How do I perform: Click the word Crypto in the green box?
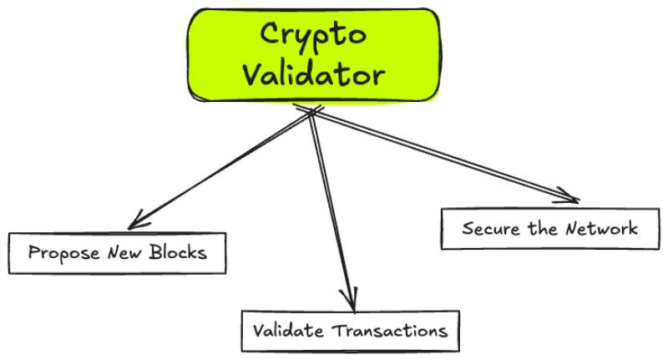(313, 36)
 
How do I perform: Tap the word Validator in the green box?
(314, 75)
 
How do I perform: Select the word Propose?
(63, 253)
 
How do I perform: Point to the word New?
(124, 251)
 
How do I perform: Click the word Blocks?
(178, 251)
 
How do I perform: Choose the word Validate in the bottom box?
(287, 330)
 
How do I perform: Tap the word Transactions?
(390, 330)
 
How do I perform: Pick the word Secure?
(491, 228)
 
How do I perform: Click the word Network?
(601, 228)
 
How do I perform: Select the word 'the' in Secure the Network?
(543, 228)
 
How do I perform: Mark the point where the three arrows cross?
(311, 112)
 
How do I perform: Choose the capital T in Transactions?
(339, 330)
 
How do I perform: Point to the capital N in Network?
(573, 228)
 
